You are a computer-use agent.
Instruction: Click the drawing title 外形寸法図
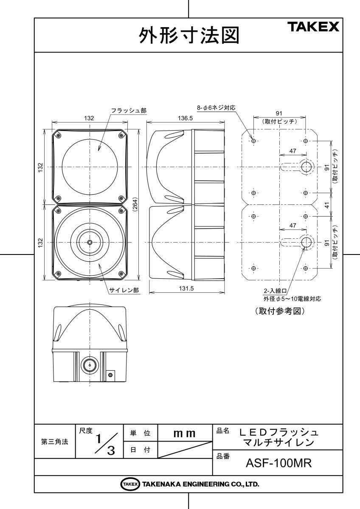point(189,36)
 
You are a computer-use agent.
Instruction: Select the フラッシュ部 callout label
point(129,110)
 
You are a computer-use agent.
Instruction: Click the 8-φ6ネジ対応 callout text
point(216,108)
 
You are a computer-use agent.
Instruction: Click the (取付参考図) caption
point(280,311)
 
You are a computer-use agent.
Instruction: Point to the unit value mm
point(185,433)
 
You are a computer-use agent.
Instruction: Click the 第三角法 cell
point(54,442)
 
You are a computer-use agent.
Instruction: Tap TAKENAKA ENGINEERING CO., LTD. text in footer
point(200,484)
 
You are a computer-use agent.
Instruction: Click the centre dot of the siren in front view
point(90,242)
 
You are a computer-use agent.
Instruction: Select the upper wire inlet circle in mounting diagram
point(306,167)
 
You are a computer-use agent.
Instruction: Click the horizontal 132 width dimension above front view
point(89,118)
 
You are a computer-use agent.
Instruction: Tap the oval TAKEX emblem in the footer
point(130,484)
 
